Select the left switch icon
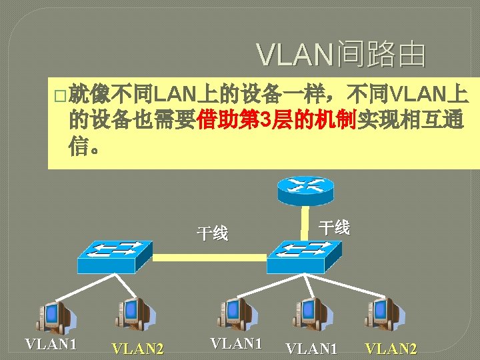click(114, 255)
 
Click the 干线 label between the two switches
click(212, 234)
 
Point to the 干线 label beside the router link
click(334, 227)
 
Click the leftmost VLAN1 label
click(51, 344)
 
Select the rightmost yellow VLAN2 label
click(391, 349)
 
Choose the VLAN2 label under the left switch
click(138, 349)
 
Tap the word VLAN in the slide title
click(296, 56)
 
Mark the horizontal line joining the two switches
click(210, 256)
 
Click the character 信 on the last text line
click(79, 147)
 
